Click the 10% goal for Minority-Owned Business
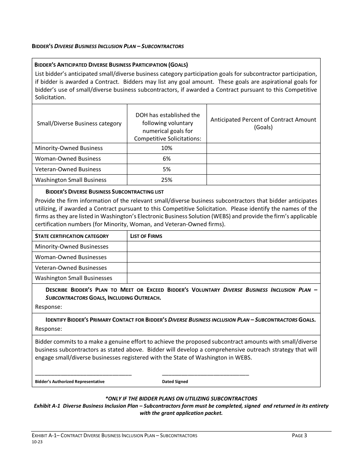coord(167,148)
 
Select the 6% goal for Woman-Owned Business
coord(167,159)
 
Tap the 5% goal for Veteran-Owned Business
coord(167,169)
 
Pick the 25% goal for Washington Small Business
coord(167,180)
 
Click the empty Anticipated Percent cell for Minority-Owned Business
coord(263,148)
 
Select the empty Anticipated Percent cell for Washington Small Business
coord(263,180)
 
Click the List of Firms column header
coord(146,236)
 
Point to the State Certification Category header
coord(72,236)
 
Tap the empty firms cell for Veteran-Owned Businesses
coord(224,268)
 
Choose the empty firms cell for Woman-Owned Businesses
coord(224,257)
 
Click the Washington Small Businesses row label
coord(74,278)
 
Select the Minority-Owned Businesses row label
coord(72,247)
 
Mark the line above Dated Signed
coord(205,375)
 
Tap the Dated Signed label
coord(175,382)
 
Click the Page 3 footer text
coord(299,436)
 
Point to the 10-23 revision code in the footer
coord(37,442)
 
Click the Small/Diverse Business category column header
coord(79,124)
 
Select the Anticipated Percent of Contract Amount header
coord(263,123)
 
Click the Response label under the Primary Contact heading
coord(49,329)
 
